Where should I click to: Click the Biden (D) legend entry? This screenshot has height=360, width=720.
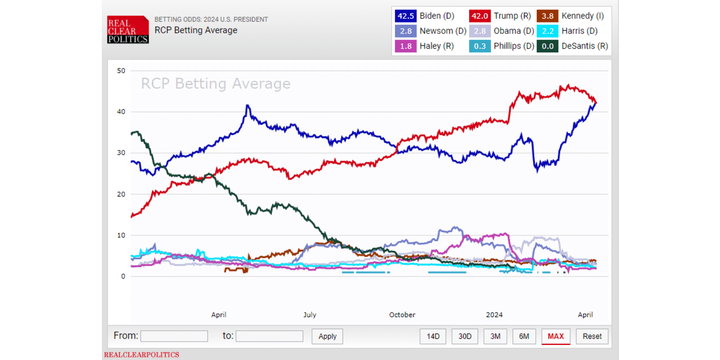pyautogui.click(x=425, y=16)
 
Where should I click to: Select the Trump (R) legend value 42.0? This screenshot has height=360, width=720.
pyautogui.click(x=479, y=16)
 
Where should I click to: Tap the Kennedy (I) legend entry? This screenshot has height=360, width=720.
pyautogui.click(x=571, y=16)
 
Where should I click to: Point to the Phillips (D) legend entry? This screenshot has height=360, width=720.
pyautogui.click(x=501, y=46)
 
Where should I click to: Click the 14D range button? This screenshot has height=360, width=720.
pyautogui.click(x=433, y=336)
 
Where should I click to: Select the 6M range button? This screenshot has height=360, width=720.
pyautogui.click(x=524, y=336)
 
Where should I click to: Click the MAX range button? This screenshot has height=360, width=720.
pyautogui.click(x=555, y=336)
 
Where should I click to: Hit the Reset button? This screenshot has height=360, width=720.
pyautogui.click(x=592, y=336)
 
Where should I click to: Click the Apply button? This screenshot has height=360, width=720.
pyautogui.click(x=327, y=336)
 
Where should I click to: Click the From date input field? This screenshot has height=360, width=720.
pyautogui.click(x=174, y=336)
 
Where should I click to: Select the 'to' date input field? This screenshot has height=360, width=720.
pyautogui.click(x=269, y=336)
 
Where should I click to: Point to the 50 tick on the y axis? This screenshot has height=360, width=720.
pyautogui.click(x=121, y=70)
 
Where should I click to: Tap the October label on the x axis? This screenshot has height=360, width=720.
pyautogui.click(x=402, y=315)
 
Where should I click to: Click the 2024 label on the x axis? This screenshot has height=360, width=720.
pyautogui.click(x=494, y=315)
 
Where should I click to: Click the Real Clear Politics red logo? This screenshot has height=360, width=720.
pyautogui.click(x=128, y=29)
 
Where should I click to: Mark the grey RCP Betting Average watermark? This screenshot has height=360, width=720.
pyautogui.click(x=215, y=84)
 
